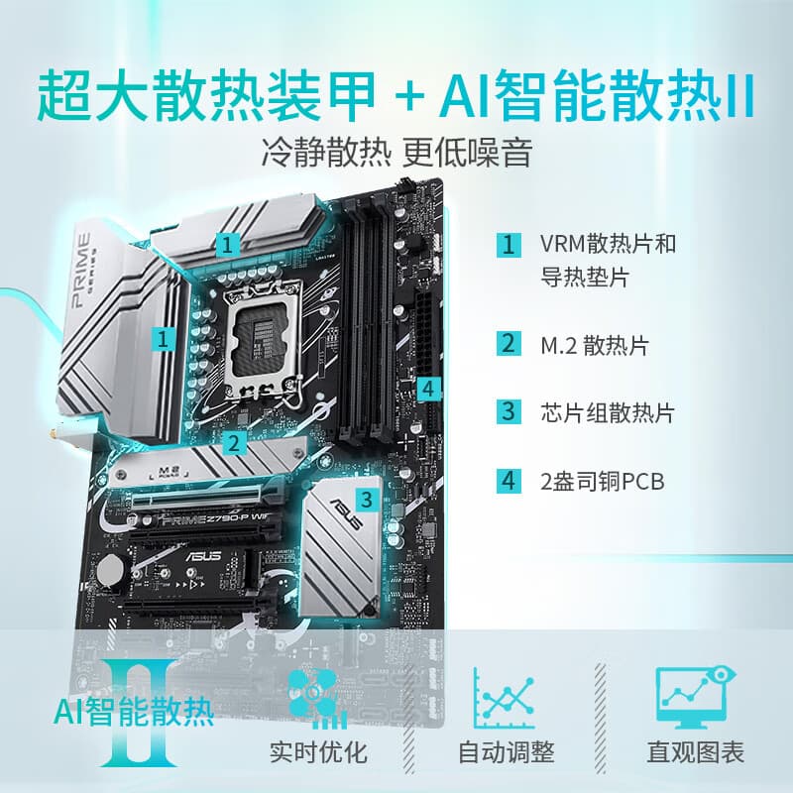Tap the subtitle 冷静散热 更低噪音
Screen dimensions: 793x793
pos(396,155)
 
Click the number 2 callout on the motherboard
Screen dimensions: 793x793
pos(235,442)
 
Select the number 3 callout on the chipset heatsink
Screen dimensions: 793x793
pos(367,497)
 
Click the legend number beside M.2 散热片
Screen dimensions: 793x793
pos(509,345)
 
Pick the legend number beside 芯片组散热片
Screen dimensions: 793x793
pos(509,411)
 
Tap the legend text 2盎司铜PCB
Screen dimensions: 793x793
pos(602,481)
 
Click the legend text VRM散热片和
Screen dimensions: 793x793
pos(609,244)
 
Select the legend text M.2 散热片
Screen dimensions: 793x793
pos(595,345)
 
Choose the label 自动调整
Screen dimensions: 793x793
pos(506,751)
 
